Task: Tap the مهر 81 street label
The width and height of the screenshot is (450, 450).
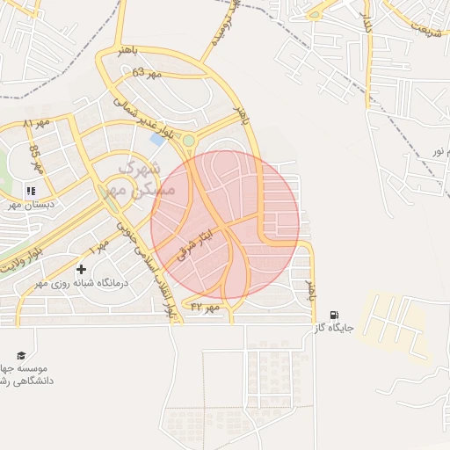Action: [x=40, y=123]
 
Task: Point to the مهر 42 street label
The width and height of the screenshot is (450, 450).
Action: [x=203, y=308]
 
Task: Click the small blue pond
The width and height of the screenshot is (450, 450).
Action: [x=157, y=139]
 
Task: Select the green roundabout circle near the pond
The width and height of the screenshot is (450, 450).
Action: [x=188, y=140]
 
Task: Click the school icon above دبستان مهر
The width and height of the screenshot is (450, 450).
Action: [x=31, y=190]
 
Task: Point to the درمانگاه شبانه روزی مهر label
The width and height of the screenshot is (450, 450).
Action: [x=81, y=283]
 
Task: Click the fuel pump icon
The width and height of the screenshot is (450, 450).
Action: [x=334, y=315]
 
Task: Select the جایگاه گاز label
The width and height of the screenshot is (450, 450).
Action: [x=334, y=329]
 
